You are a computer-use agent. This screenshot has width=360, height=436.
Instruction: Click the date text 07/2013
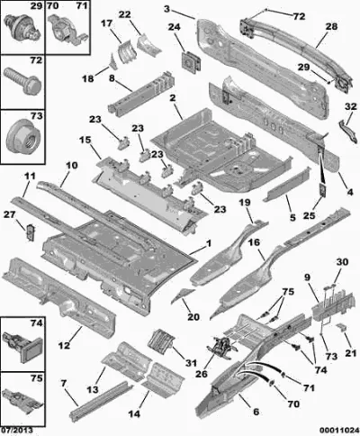point(16,431)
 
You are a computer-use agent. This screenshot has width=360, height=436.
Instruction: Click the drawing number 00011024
point(339,431)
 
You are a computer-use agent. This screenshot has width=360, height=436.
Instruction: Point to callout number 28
point(331,26)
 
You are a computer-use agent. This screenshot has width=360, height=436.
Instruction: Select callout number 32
point(351,106)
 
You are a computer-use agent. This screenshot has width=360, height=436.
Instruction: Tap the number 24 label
point(175,27)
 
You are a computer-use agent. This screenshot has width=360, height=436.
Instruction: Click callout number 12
point(64,345)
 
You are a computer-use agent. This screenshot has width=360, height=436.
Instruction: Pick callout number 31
point(191,363)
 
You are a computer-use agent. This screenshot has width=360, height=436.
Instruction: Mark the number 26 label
point(202,374)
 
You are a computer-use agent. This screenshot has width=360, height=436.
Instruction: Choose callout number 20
point(193,317)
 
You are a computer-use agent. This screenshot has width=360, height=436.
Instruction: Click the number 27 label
point(9,214)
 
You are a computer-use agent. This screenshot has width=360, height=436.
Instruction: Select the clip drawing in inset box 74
point(22,345)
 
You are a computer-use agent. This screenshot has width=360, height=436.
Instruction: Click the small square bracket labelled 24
point(191,62)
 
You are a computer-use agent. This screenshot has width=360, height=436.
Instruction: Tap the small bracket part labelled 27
point(31,232)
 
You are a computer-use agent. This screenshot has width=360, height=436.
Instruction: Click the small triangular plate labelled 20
point(183,294)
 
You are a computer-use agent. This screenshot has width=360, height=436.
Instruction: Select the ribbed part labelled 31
point(161,341)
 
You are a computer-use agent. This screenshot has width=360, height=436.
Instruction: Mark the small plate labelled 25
point(323,189)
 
